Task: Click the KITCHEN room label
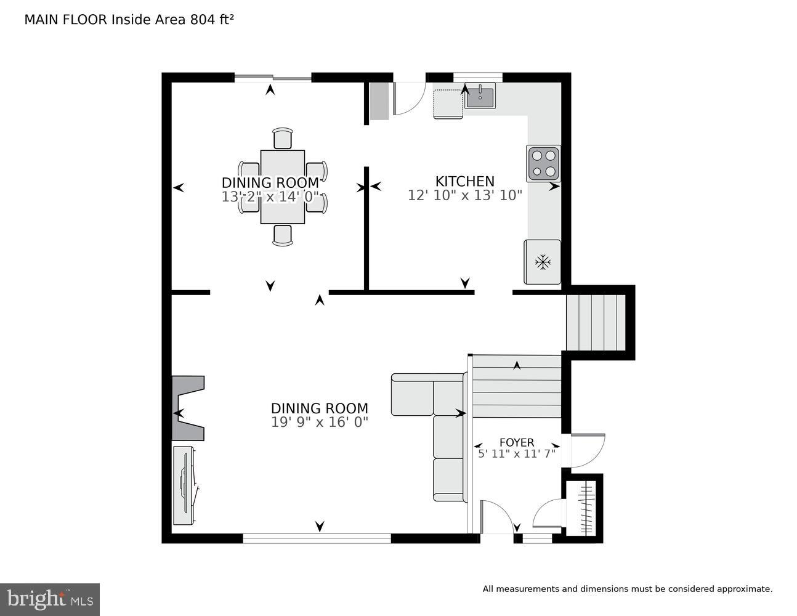click(x=464, y=181)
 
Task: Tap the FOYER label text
click(x=516, y=442)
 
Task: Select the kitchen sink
click(x=480, y=97)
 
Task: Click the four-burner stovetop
click(x=543, y=163)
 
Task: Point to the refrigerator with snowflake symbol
click(x=542, y=262)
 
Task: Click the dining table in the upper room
click(x=283, y=187)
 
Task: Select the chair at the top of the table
click(x=283, y=139)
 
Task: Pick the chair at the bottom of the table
click(x=283, y=235)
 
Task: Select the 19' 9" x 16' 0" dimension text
click(x=320, y=422)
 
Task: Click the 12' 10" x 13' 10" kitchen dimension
click(x=464, y=195)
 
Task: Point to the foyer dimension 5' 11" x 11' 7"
click(x=516, y=454)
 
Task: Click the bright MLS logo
click(x=50, y=599)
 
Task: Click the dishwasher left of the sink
click(x=448, y=103)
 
